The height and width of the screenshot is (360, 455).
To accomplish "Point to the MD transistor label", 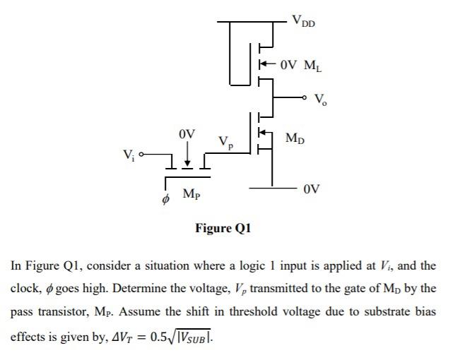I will (296, 138).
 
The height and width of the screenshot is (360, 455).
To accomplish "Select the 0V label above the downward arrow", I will (187, 133).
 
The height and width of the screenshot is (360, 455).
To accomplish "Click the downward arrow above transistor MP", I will (187, 155).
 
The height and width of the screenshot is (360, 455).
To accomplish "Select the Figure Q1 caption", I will (223, 228).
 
